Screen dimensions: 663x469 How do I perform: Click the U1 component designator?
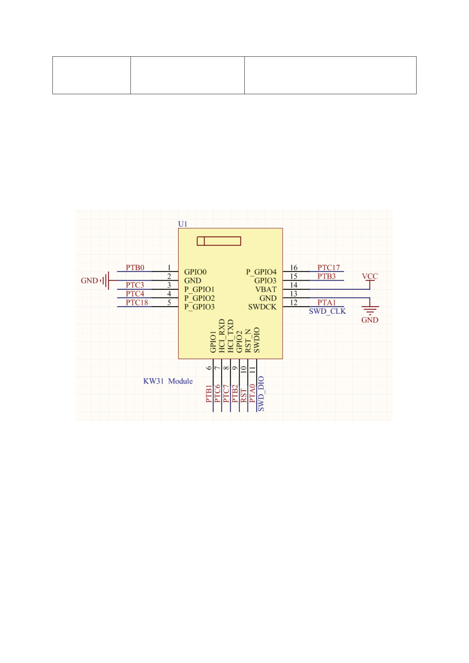[x=182, y=224]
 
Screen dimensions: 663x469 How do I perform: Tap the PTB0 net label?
[x=135, y=268]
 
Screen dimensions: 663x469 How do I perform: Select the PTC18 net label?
[x=137, y=303]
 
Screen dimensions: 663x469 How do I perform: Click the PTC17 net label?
[x=328, y=268]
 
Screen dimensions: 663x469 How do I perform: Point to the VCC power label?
[x=370, y=276]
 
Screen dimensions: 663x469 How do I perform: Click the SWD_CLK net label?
[x=327, y=311]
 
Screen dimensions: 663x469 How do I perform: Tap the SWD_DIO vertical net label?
[x=261, y=394]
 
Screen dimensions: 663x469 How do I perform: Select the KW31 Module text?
[x=168, y=381]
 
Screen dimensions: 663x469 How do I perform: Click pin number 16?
[x=294, y=268]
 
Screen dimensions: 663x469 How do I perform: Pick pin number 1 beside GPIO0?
[x=169, y=268]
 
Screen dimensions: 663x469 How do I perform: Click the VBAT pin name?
[x=266, y=289]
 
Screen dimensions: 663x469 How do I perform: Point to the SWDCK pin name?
[x=262, y=307]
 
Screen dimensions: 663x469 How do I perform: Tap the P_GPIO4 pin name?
[x=261, y=272]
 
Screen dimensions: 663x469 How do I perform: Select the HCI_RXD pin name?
[x=221, y=336]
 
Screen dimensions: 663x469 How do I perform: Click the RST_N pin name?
[x=248, y=341]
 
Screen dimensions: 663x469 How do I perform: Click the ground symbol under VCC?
[x=370, y=309]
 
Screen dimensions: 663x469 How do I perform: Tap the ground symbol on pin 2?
[x=105, y=281]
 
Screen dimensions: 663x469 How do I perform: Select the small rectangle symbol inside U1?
[x=219, y=241]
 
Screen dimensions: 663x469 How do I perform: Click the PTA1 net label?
[x=326, y=303]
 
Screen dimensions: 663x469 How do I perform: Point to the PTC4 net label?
[x=135, y=294]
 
